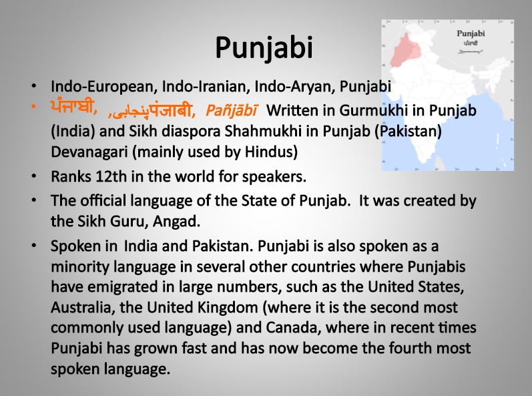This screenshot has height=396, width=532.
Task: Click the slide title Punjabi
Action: point(264,48)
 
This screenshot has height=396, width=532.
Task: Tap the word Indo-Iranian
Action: point(206,86)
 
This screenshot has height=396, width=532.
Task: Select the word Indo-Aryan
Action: point(294,87)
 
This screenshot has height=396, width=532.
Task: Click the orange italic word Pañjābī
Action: point(231,110)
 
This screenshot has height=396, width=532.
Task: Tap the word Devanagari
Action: point(89,152)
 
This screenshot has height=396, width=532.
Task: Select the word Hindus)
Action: point(271,152)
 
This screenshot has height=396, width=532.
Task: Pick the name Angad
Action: point(176,222)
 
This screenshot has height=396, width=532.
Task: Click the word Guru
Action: point(129,222)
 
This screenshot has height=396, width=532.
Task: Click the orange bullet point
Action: point(33,107)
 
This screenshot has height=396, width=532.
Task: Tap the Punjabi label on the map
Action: point(471,33)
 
